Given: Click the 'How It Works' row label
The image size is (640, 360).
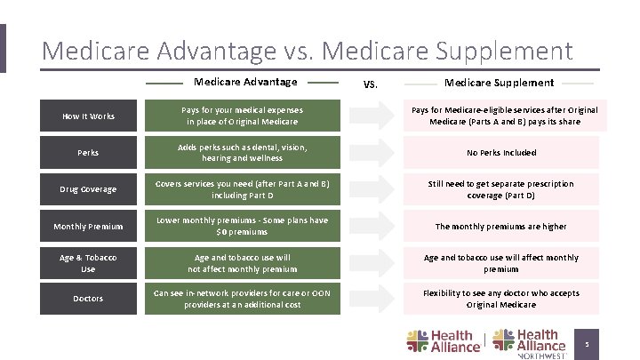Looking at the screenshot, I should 88,116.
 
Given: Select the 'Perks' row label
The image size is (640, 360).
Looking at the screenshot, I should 88,153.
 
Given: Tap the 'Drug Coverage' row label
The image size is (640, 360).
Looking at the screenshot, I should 88,189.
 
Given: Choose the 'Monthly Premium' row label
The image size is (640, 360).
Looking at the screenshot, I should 88,227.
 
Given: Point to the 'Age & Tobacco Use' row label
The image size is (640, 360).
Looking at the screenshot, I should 88,263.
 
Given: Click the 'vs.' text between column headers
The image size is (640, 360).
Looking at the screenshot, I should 372,84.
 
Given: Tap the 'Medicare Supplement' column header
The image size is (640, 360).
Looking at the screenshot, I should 499,83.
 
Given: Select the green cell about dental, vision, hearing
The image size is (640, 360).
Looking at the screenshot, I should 243,152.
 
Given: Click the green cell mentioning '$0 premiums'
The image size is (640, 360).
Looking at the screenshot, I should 243,226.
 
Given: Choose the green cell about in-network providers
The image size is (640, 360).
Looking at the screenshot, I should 243,299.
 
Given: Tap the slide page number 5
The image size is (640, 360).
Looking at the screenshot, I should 586,342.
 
